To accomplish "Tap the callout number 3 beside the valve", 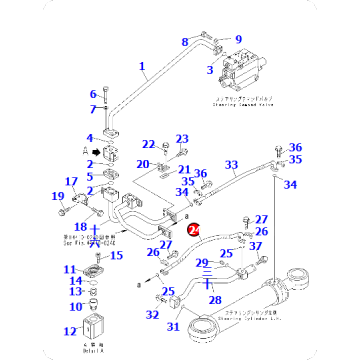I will pyautogui.click(x=209, y=69).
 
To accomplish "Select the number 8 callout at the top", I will pyautogui.click(x=184, y=41).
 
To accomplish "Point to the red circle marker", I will pyautogui.click(x=194, y=229).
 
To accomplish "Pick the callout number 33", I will pyautogui.click(x=231, y=164).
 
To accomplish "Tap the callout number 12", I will pyautogui.click(x=69, y=330).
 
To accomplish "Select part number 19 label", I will pyautogui.click(x=58, y=196).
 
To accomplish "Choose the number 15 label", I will pyautogui.click(x=115, y=255).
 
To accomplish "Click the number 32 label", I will pyautogui.click(x=152, y=315).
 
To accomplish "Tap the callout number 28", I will pyautogui.click(x=214, y=298).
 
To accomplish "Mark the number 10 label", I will pyautogui.click(x=70, y=306).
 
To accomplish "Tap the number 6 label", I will pyautogui.click(x=93, y=94).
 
